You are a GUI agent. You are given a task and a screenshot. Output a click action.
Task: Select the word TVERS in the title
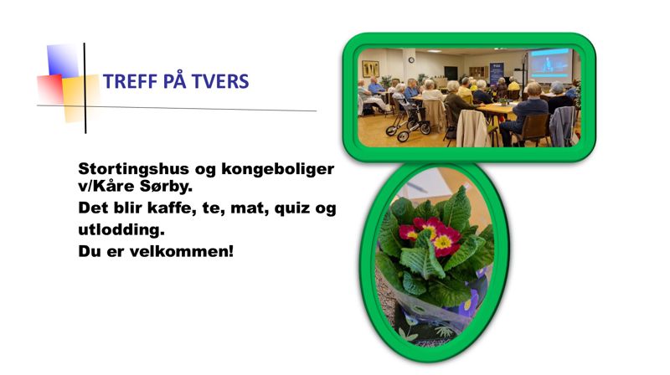click(x=221, y=82)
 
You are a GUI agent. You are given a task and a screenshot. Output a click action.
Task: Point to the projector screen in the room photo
click(x=549, y=64)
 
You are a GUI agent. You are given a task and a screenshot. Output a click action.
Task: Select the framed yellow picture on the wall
click(x=369, y=69)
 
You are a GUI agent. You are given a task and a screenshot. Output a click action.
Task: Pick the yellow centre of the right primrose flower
click(x=442, y=242)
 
